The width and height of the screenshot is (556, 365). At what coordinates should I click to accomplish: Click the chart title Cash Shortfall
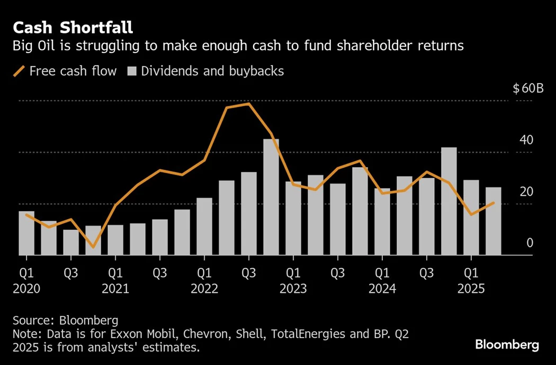pyautogui.click(x=73, y=28)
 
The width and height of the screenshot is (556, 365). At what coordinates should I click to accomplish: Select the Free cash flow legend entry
pyautogui.click(x=65, y=71)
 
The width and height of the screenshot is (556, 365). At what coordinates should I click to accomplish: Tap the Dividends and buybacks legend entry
pyautogui.click(x=207, y=71)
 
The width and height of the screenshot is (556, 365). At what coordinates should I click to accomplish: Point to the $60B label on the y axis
pyautogui.click(x=528, y=89)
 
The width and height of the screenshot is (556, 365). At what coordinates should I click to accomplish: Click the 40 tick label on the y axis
pyautogui.click(x=526, y=140)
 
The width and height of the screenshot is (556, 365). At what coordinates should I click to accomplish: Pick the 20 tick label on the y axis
pyautogui.click(x=526, y=192)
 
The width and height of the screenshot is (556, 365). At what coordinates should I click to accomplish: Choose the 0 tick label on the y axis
pyautogui.click(x=529, y=243)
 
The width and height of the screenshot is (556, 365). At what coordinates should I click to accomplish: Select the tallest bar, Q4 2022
pyautogui.click(x=271, y=197)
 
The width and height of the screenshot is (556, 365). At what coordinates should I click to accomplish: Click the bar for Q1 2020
pyautogui.click(x=26, y=233)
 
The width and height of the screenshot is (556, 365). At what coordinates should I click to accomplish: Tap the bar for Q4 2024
pyautogui.click(x=449, y=202)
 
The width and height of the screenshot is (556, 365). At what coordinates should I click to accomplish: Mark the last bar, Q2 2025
pyautogui.click(x=494, y=221)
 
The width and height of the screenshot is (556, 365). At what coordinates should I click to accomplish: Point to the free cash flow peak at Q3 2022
pyautogui.click(x=249, y=104)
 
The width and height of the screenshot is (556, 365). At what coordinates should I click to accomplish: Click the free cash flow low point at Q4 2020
pyautogui.click(x=93, y=247)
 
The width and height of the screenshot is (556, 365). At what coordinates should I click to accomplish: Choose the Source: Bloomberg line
pyautogui.click(x=65, y=320)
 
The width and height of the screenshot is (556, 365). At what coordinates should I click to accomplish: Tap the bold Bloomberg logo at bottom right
pyautogui.click(x=507, y=345)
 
